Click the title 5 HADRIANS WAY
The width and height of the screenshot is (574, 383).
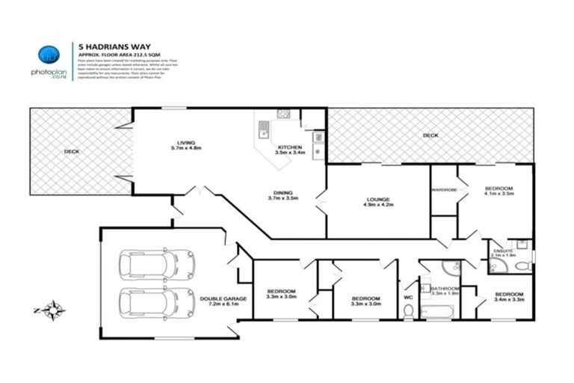[105, 46]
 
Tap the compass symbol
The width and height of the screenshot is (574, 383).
[53, 308]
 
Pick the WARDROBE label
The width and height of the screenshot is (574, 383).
[443, 189]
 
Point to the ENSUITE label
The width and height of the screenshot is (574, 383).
[502, 252]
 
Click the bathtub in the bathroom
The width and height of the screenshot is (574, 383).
[440, 309]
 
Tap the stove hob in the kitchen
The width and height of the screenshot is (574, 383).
[283, 114]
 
